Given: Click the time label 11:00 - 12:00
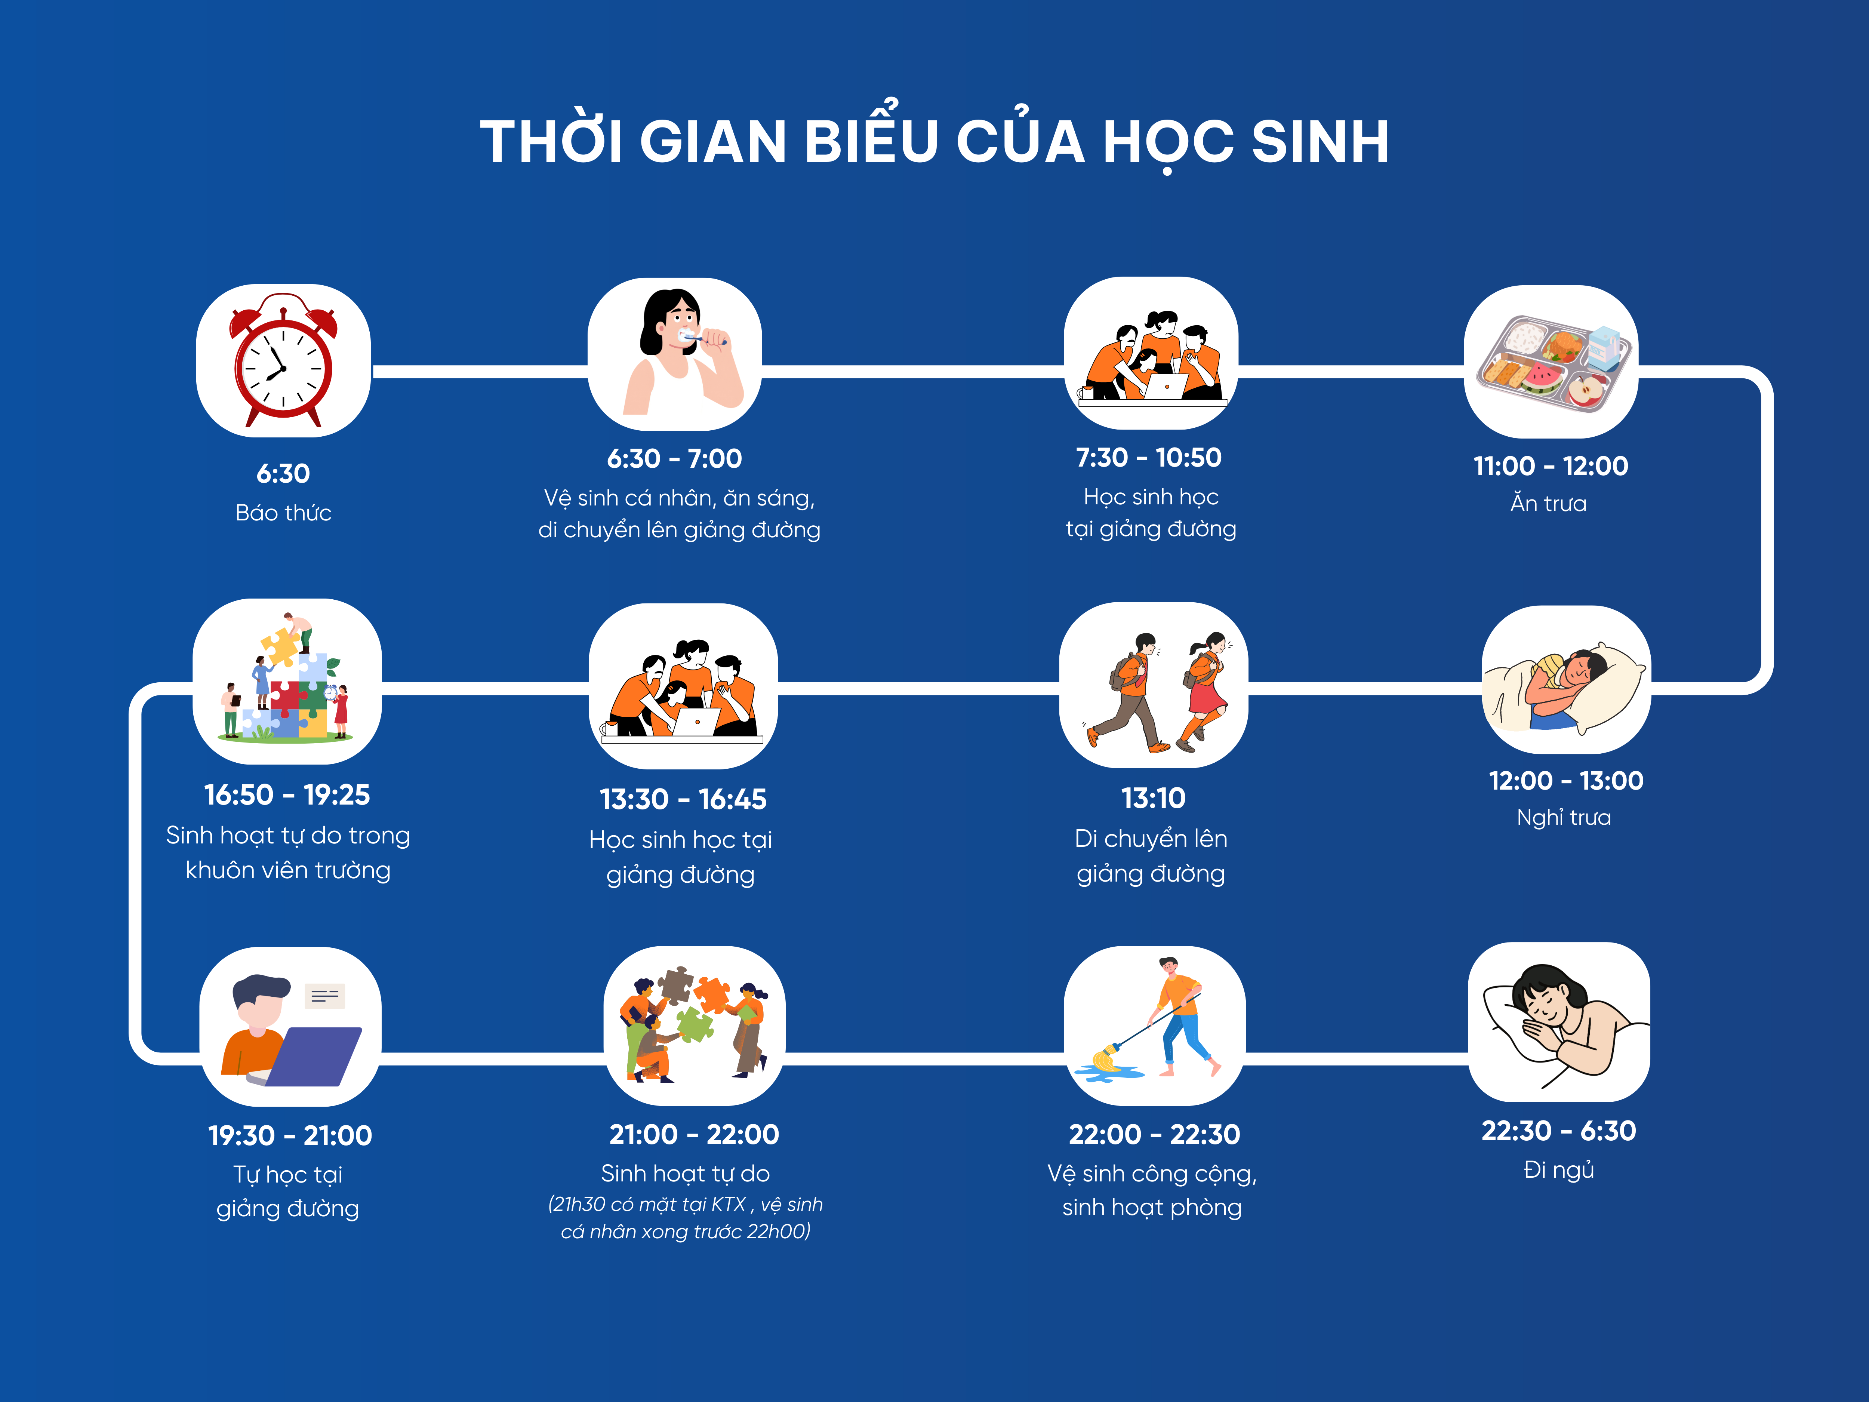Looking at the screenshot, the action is click(x=1551, y=465).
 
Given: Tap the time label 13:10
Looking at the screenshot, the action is click(x=1153, y=798).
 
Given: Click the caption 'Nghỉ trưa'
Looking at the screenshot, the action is click(x=1564, y=817).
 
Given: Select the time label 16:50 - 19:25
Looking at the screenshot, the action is click(x=287, y=794).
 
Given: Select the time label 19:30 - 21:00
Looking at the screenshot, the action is click(x=290, y=1135).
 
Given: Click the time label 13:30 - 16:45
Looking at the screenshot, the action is click(x=683, y=799).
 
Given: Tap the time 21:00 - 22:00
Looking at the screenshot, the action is click(x=694, y=1134).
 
